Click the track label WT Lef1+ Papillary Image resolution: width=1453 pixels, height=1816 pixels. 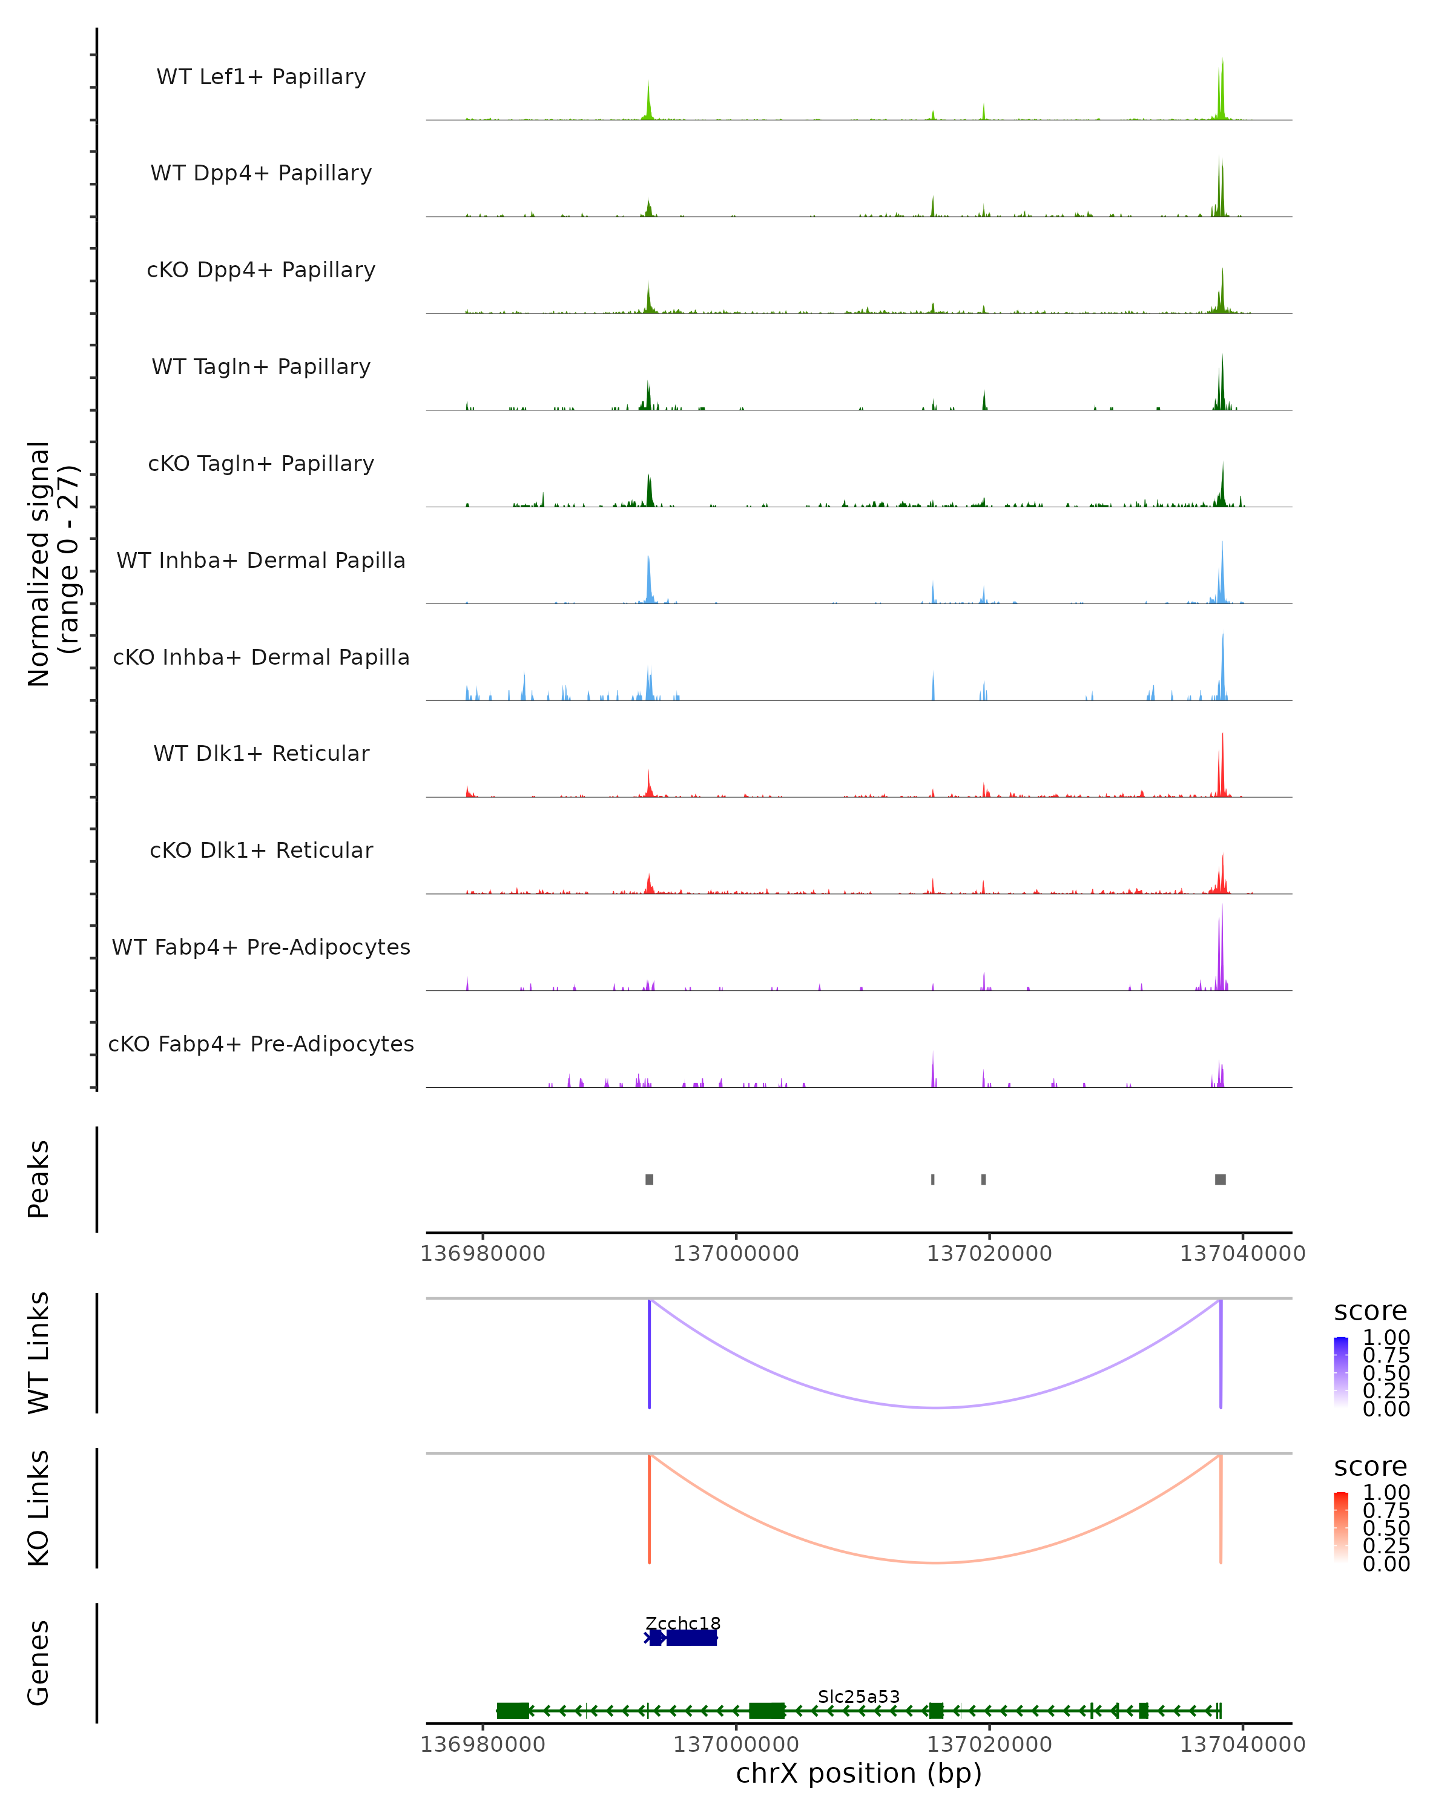point(261,77)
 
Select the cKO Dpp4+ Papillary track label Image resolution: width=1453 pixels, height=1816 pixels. point(261,271)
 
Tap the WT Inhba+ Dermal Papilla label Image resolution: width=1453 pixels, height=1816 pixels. point(261,561)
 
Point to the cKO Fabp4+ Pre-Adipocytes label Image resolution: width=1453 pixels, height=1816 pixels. point(261,1044)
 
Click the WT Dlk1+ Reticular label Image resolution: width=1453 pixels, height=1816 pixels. point(261,754)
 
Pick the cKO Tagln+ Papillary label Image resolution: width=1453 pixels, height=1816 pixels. point(261,464)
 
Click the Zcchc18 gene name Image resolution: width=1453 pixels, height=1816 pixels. point(682,1623)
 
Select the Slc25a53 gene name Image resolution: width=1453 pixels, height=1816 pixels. point(858,1696)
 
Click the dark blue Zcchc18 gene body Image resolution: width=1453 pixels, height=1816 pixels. point(691,1637)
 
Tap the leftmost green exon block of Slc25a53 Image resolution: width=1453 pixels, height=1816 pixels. point(512,1711)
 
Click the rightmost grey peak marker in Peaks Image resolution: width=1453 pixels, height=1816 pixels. point(1220,1179)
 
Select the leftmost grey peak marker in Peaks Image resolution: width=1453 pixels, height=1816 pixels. point(650,1179)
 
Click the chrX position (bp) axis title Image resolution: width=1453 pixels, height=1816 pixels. point(858,1774)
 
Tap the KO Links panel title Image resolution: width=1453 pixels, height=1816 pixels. point(39,1508)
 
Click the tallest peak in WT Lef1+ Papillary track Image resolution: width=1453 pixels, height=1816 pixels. point(1222,61)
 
